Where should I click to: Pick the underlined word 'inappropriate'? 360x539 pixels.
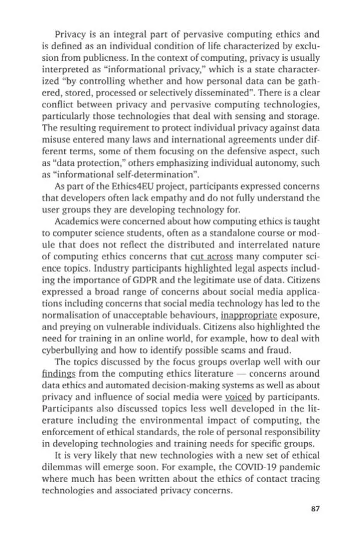[248, 313]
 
